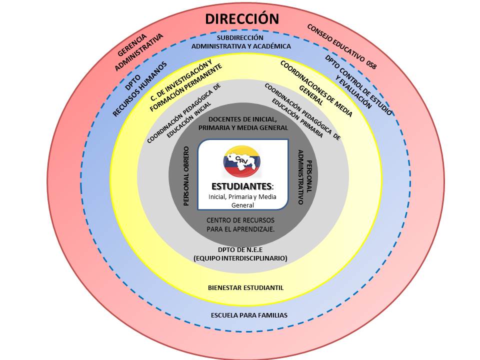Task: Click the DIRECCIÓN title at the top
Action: (242, 19)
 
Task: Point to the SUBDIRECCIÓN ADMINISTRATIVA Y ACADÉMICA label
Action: (241, 42)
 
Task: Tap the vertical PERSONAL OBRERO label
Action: (186, 176)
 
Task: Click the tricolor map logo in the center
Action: (241, 161)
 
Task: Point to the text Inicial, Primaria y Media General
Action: (242, 200)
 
